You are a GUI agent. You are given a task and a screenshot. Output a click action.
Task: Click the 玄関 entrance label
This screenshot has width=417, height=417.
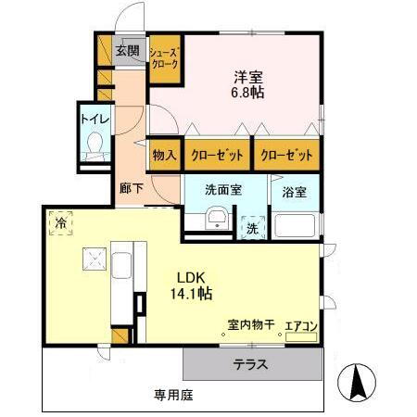(x=128, y=51)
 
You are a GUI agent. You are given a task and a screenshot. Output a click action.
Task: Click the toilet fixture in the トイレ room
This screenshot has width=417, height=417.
(x=94, y=146)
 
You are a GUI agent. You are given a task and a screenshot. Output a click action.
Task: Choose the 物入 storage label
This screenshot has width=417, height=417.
(x=164, y=155)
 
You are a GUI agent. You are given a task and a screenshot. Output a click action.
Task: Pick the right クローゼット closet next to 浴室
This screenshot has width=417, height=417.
(x=285, y=155)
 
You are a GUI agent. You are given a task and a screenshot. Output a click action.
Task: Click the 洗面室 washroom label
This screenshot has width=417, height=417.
(x=223, y=189)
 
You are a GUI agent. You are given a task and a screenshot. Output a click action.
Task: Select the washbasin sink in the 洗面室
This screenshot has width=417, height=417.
(x=216, y=220)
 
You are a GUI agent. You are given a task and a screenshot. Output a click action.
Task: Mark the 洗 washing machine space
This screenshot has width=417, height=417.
(x=252, y=227)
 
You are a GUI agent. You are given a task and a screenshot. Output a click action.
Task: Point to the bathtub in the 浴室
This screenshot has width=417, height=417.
(x=296, y=226)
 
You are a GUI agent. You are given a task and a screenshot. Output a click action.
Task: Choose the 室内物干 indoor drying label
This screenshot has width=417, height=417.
(x=251, y=325)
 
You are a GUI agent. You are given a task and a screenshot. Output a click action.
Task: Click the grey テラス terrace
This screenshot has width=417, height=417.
(x=250, y=364)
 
